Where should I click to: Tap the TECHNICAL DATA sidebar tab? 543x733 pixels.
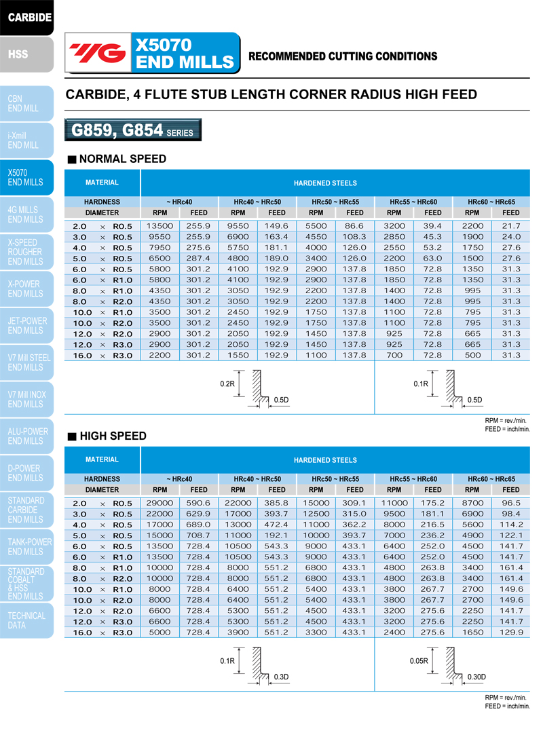26,620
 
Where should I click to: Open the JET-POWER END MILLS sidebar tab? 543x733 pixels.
26,326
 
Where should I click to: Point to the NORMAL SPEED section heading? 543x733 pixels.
122,159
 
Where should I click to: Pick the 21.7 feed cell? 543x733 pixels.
510,225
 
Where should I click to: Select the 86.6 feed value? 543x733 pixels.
354,225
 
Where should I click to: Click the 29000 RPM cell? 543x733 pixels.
160,502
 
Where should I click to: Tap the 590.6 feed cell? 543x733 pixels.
199,502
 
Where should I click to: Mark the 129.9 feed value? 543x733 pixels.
510,633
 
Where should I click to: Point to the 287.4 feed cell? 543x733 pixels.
199,258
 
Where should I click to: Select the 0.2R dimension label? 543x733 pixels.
227,383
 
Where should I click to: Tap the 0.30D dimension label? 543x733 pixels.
476,677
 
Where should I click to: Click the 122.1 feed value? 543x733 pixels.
510,535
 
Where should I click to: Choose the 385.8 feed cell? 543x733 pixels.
276,502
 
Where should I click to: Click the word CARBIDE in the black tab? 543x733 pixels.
30,16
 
